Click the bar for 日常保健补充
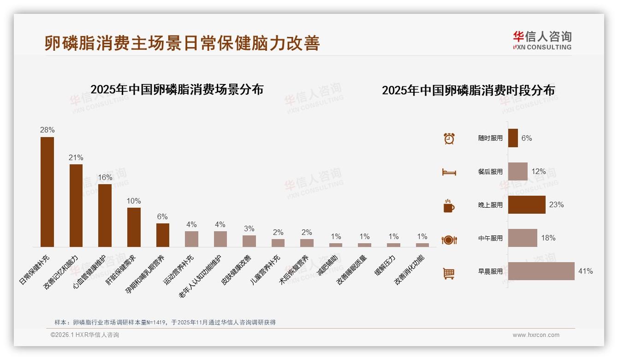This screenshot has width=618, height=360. [47, 192]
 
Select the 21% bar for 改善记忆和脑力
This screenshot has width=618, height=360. [76, 205]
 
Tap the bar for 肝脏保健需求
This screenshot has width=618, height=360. [134, 227]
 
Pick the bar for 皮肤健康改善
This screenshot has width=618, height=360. [249, 241]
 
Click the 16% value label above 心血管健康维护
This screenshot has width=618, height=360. [105, 178]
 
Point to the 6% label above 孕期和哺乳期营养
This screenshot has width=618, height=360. [162, 216]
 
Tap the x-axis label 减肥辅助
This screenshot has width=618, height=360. [328, 265]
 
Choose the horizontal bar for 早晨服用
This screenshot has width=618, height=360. [541, 271]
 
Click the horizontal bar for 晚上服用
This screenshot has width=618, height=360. [527, 204]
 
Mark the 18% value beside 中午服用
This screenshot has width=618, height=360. [548, 238]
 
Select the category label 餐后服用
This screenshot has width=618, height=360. [490, 172]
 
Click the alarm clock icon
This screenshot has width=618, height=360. [449, 138]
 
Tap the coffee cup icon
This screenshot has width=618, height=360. [449, 206]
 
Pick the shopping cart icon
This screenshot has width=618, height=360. [449, 273]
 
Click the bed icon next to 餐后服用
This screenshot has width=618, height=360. [449, 172]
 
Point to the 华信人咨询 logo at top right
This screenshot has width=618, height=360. [542, 40]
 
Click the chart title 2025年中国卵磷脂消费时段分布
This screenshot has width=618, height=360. [468, 90]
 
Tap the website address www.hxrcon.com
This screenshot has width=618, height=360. [536, 335]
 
